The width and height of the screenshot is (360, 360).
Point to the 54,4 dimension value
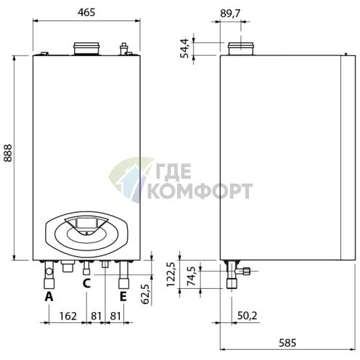(x=186, y=48)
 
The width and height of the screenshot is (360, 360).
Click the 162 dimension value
(x=67, y=316)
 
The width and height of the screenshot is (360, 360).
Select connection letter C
(x=86, y=283)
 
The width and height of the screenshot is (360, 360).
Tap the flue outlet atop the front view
(x=86, y=49)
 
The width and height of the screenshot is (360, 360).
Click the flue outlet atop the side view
(x=240, y=49)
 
